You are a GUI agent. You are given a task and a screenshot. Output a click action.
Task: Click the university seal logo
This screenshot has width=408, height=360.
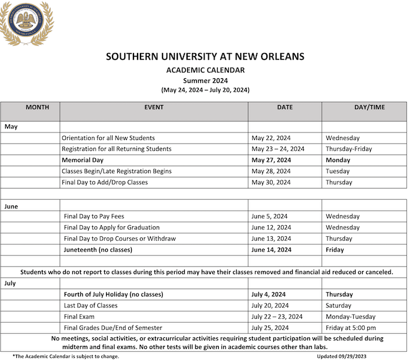(x=26, y=23)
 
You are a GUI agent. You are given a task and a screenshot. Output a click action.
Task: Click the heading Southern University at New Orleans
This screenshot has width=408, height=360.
(x=205, y=57)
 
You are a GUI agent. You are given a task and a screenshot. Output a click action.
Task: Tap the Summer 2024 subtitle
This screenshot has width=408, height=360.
(x=205, y=81)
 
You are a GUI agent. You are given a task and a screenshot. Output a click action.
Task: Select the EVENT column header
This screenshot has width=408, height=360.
(x=154, y=107)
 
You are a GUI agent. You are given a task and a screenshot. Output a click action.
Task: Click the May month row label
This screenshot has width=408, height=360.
(x=11, y=127)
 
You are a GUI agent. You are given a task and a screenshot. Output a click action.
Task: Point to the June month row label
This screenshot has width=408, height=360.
(x=12, y=206)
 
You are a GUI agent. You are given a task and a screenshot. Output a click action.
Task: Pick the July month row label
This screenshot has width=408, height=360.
(x=10, y=283)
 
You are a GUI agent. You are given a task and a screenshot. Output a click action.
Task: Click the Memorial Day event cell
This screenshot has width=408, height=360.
(x=82, y=160)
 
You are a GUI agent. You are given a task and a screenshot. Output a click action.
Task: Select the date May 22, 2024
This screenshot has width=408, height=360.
(x=271, y=138)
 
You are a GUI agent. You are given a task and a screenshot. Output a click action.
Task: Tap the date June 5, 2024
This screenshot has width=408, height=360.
(x=269, y=216)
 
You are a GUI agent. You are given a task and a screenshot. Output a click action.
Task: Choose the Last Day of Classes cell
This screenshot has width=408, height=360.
(x=91, y=305)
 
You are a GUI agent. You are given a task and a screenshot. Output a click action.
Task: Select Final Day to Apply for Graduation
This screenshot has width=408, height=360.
(x=111, y=228)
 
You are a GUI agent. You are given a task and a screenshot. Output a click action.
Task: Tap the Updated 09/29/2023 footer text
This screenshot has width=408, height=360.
(x=342, y=356)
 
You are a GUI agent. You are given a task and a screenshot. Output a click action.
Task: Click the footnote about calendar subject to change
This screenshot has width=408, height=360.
(x=65, y=356)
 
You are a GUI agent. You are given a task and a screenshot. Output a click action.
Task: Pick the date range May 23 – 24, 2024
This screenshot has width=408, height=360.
(x=278, y=149)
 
